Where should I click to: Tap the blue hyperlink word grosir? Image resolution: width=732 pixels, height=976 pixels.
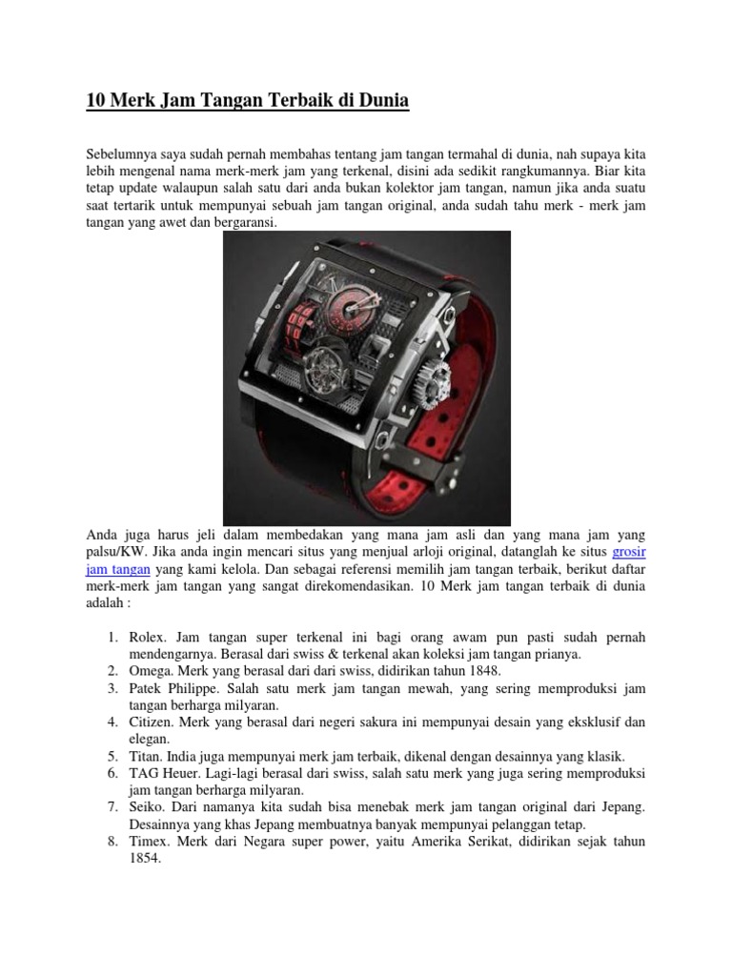coord(629,551)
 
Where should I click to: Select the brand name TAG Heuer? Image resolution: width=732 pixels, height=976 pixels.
coord(163,772)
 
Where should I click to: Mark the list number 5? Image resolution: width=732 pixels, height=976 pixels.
coord(112,755)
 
